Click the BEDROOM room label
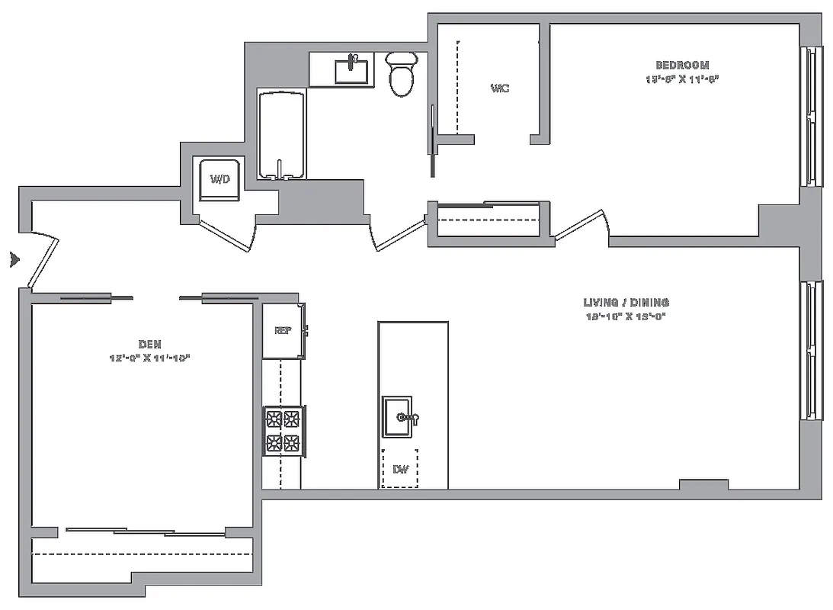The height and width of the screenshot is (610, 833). [x=682, y=66]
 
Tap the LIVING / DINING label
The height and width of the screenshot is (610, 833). [x=626, y=303]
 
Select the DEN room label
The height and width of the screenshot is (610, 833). [x=150, y=345]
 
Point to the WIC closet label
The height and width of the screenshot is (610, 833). [x=499, y=88]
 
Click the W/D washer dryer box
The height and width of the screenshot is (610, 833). [x=220, y=179]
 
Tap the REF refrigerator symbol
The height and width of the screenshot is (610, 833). [x=283, y=331]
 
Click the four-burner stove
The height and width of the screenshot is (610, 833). [x=284, y=431]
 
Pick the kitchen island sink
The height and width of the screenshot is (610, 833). [x=398, y=417]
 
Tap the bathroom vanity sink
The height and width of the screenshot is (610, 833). [x=352, y=70]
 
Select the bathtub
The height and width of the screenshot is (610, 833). [x=282, y=135]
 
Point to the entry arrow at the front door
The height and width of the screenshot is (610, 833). [x=14, y=260]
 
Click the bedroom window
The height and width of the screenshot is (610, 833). [x=811, y=117]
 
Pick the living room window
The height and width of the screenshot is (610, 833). [x=811, y=350]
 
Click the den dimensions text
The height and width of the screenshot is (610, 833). [x=149, y=358]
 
